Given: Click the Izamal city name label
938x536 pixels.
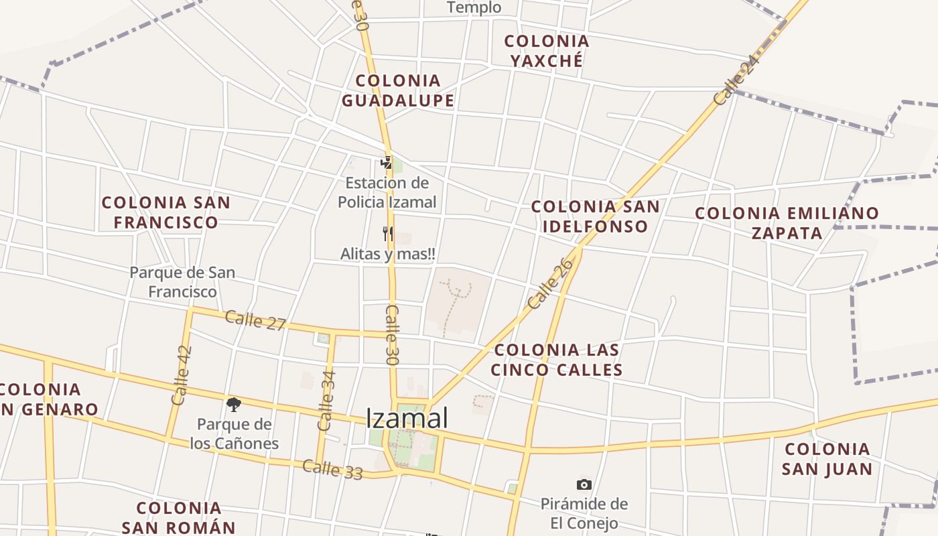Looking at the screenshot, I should pos(407,419).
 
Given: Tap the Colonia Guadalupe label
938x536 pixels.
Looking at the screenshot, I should pos(398,90).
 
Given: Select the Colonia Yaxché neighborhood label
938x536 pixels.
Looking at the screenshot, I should pos(547,50).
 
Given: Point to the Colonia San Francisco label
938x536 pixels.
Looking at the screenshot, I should pos(165,212).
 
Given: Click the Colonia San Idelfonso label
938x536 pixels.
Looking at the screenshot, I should pos(595,216).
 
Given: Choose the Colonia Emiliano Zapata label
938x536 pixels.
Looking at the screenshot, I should pos(787,223).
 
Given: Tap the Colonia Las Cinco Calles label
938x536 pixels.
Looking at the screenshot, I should pos(557,360).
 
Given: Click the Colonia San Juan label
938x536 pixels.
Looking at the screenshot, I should pos(827,459).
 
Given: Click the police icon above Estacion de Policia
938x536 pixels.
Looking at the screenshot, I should pos(386,162).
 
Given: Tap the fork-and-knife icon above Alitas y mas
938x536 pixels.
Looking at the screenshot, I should pos(387,234).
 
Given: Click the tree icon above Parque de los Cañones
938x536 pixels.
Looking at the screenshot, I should pos(233,404).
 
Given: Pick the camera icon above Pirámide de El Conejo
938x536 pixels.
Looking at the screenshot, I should pos(584,484).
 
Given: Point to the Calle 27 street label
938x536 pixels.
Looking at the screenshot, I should pos(255,320).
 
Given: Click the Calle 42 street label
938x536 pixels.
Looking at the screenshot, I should pos(182,375).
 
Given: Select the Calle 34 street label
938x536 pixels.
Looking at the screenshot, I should pos(327,400).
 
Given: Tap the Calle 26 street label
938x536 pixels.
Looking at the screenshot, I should pos(551,284).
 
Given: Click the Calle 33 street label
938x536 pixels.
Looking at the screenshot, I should pos(332,470).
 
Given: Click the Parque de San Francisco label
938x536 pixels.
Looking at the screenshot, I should pos(182,282).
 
